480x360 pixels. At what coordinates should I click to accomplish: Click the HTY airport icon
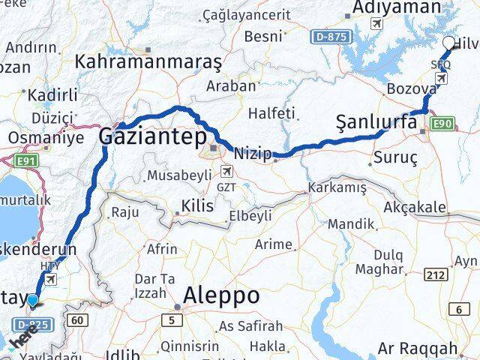pos(50,279)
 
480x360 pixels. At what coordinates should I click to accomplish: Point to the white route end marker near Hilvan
pos(448,43)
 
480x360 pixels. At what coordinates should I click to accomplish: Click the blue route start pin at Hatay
pos(32,301)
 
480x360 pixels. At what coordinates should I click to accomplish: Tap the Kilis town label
pos(197,205)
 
